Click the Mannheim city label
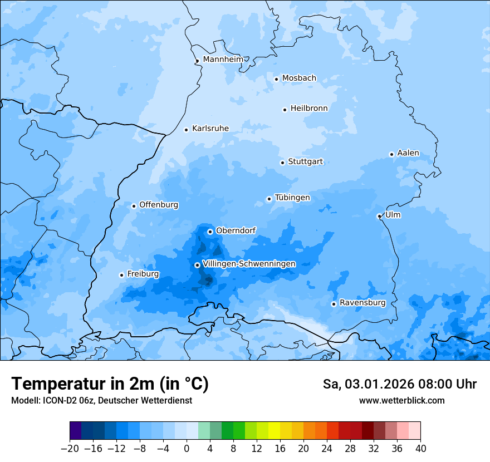click(223, 59)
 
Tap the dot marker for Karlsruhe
click(187, 130)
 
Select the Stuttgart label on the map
click(305, 161)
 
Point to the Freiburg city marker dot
click(121, 275)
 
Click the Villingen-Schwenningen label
click(249, 263)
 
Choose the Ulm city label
click(393, 214)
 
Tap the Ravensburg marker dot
click(334, 304)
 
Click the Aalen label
click(408, 153)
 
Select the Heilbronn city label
click(309, 108)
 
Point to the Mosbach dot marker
click(276, 79)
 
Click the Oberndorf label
click(236, 230)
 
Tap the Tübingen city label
click(292, 198)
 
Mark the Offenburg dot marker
click(134, 206)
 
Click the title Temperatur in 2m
click(110, 384)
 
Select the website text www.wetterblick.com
click(401, 400)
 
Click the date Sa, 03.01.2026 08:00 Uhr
click(399, 384)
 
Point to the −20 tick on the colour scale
click(70, 449)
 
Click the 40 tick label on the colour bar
click(420, 449)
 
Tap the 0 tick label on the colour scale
click(187, 449)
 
